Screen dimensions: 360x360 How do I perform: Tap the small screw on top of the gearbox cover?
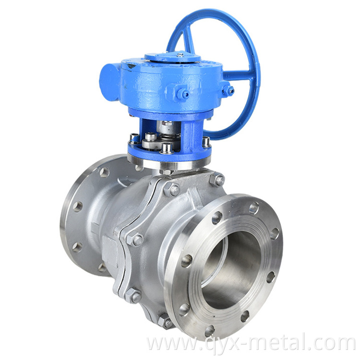point(180,55)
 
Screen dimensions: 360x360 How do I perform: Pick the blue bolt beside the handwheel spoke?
point(228,90)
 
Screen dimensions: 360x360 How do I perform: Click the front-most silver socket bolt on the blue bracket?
point(166,148)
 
